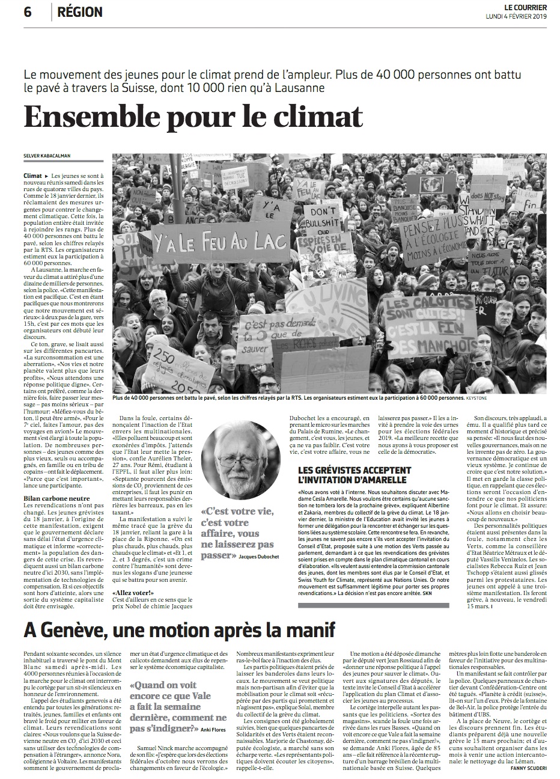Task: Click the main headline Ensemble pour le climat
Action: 193,117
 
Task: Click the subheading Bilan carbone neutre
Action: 56,498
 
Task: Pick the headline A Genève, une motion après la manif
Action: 179,631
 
